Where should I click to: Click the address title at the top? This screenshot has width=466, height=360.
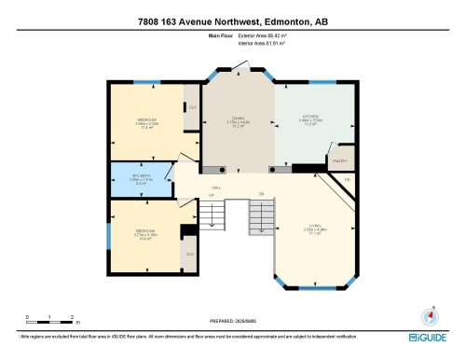[x=233, y=21]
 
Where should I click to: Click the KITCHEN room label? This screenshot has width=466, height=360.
[x=310, y=119]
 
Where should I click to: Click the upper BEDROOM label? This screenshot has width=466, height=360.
[x=147, y=121]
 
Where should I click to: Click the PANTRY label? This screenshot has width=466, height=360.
[x=339, y=159]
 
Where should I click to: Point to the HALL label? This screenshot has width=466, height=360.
[x=216, y=188]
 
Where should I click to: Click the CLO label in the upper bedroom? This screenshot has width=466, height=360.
[x=192, y=107]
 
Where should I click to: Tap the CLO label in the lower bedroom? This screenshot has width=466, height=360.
[x=190, y=254]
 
